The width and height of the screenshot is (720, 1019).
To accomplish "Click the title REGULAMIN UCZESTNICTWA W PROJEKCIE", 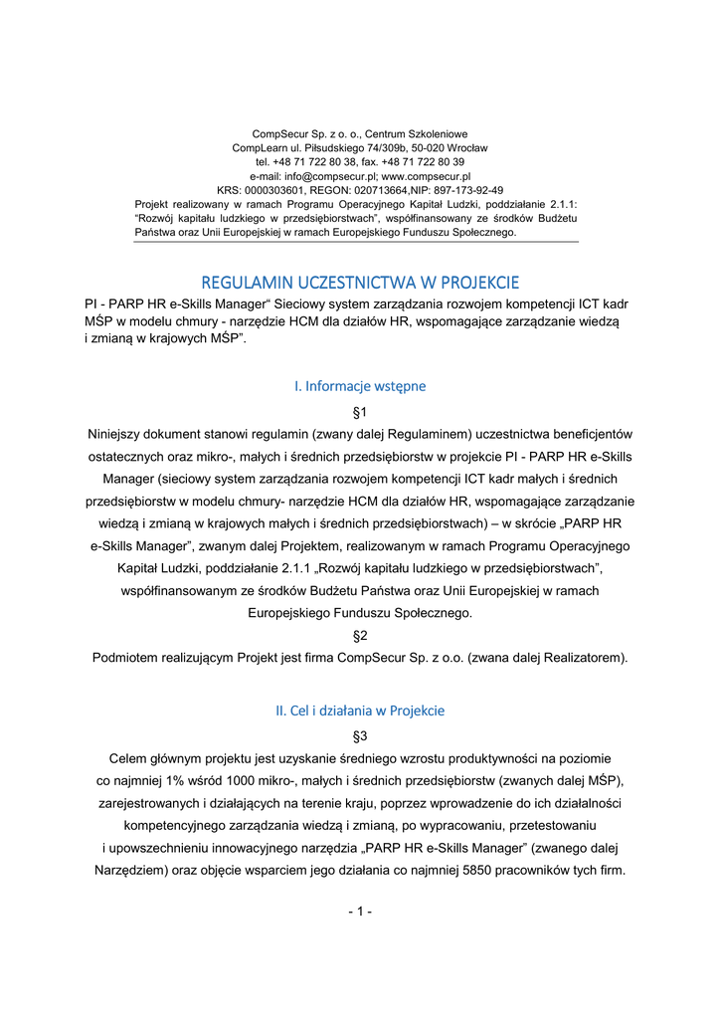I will [360, 282].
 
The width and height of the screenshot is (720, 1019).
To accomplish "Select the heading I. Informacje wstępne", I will [360, 385].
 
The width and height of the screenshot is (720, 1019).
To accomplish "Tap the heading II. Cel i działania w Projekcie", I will [360, 711].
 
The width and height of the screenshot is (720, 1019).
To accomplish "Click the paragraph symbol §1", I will [360, 411].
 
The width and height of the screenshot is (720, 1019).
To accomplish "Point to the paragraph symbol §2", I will [360, 635].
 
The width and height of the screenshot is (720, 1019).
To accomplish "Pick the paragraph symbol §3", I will [360, 736].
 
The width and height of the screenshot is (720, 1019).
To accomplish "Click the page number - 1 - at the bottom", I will [360, 912].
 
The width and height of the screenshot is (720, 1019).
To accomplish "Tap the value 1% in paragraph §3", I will [183, 779].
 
